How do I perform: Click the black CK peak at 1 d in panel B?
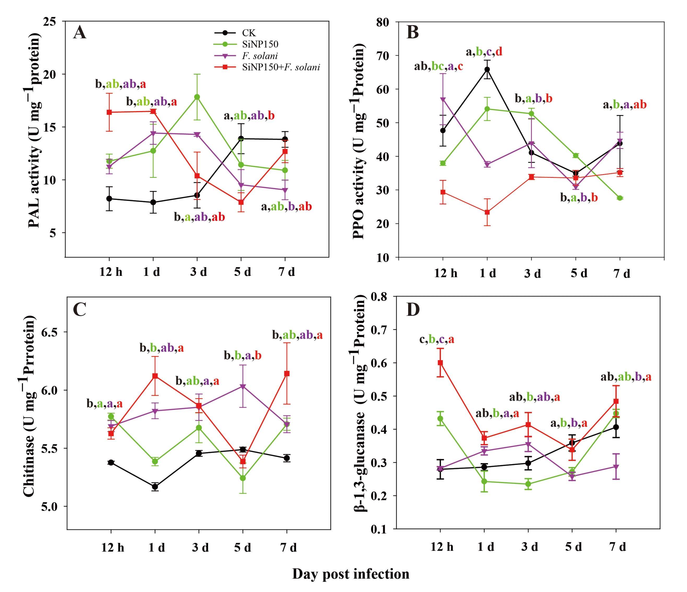487,69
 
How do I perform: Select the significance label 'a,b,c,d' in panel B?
484,52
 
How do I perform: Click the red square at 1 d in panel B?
487,212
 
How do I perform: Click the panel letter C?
80,310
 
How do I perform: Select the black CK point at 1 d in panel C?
155,487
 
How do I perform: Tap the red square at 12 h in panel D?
440,363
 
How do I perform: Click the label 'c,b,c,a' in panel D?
437,340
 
